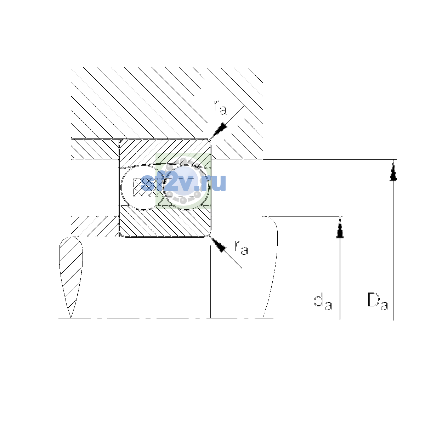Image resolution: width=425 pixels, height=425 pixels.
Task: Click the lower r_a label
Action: tap(241, 248)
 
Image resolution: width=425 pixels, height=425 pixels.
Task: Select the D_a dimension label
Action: tap(378, 301)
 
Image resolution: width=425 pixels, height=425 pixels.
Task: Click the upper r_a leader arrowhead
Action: tap(219, 130)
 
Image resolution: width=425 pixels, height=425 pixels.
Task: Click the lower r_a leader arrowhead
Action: tap(218, 244)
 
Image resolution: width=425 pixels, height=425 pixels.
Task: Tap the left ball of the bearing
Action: tap(143, 187)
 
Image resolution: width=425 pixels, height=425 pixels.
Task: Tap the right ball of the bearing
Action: tap(187, 187)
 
